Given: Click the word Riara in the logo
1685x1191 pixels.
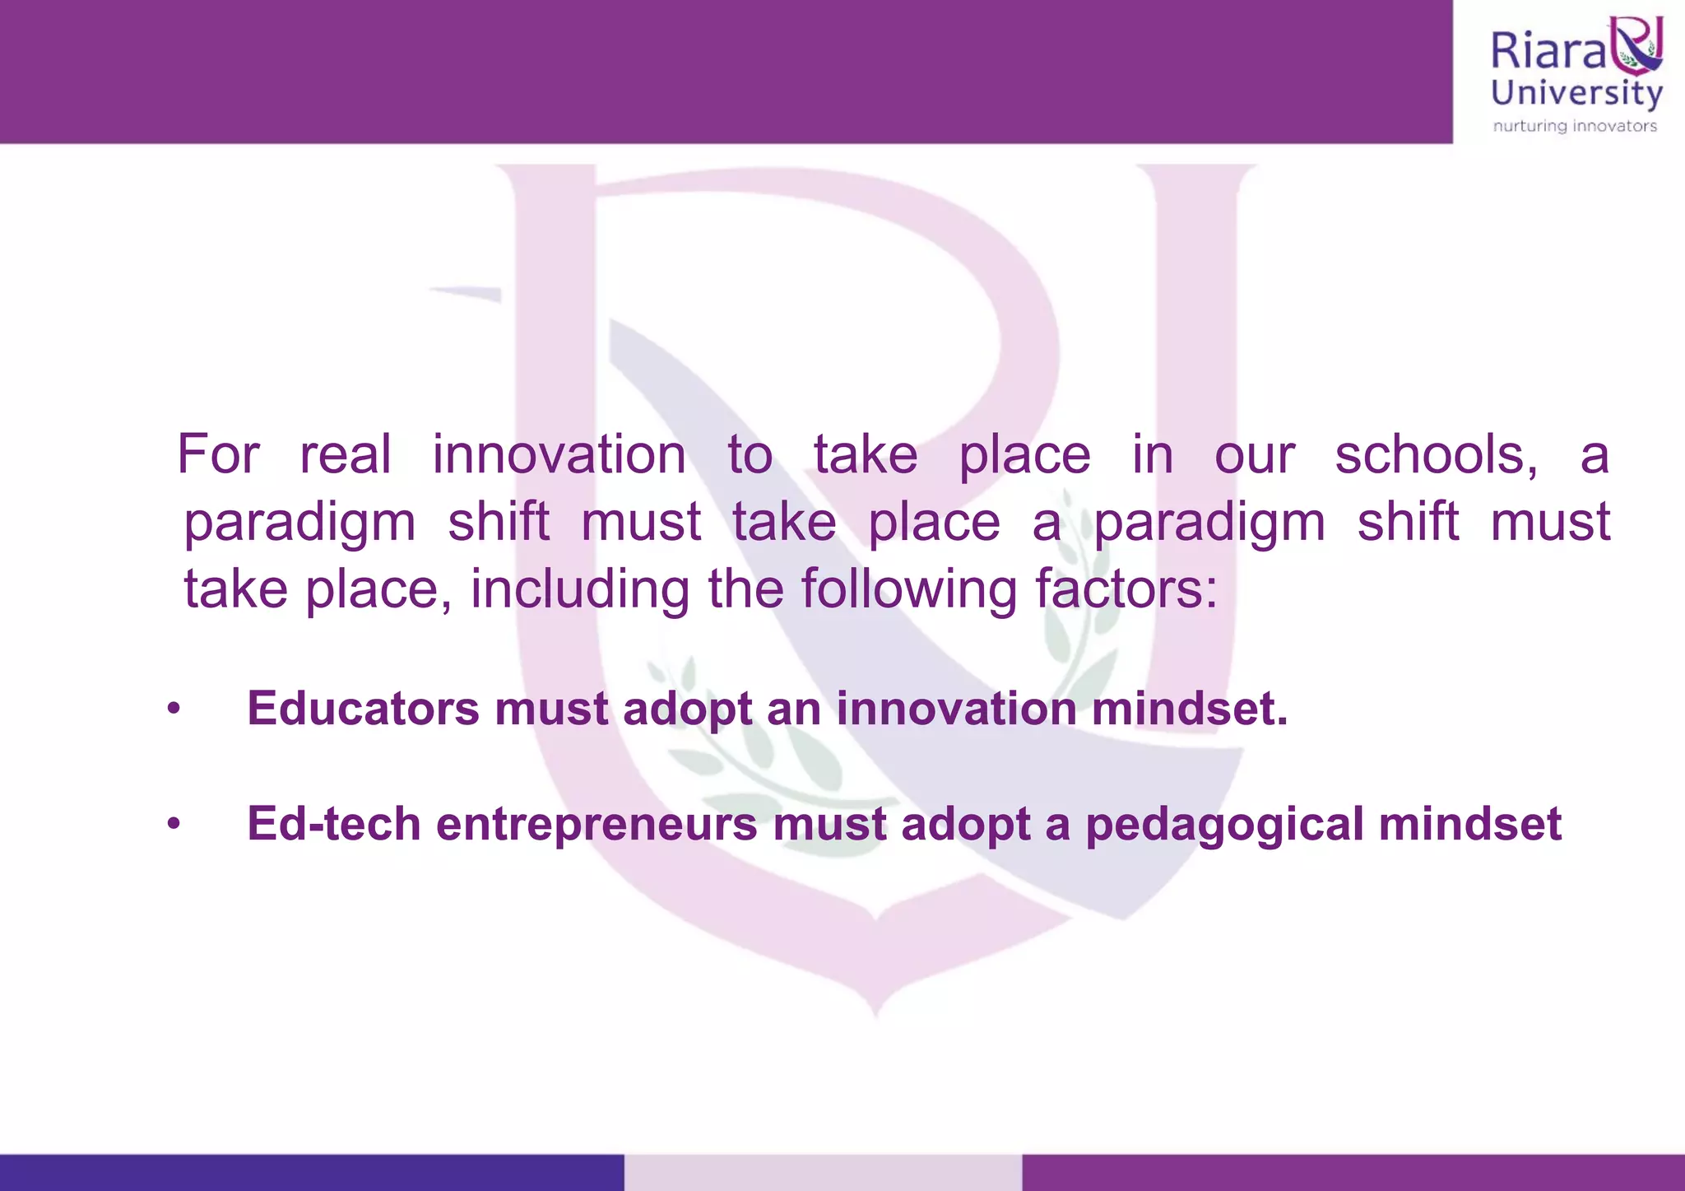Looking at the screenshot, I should (x=1548, y=51).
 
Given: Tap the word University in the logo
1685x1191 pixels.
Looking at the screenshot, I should (x=1576, y=93).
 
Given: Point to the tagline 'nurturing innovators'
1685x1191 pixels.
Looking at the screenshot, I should (x=1575, y=126).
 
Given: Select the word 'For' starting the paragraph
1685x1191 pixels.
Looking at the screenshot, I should (x=218, y=454).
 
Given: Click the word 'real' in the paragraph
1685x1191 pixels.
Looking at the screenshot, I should (x=345, y=454).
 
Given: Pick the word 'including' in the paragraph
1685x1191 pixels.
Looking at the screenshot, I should (x=580, y=589).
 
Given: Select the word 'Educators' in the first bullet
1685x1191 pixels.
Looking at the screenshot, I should (x=363, y=708).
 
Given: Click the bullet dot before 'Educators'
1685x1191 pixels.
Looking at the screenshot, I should (x=173, y=709).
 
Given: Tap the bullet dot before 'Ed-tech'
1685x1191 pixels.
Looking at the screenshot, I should (x=173, y=824).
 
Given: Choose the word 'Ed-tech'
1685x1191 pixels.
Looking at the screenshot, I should (x=334, y=823).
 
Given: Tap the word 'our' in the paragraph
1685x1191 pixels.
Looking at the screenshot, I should (x=1255, y=454).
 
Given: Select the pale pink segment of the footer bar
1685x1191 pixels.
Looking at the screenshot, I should (x=823, y=1172).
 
